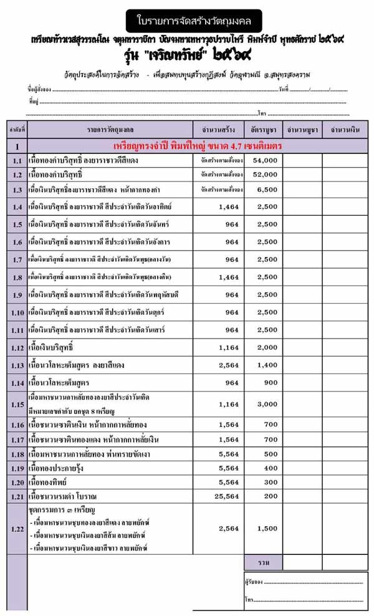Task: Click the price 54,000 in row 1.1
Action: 264,161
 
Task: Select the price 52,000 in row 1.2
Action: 264,175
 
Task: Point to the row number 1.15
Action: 17,404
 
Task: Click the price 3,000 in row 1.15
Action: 267,404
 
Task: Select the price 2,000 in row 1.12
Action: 267,347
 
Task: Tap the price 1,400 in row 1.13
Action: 267,365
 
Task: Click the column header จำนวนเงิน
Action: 345,131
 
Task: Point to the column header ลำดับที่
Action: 17,131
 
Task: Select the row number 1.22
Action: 17,529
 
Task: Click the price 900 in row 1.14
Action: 269,382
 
